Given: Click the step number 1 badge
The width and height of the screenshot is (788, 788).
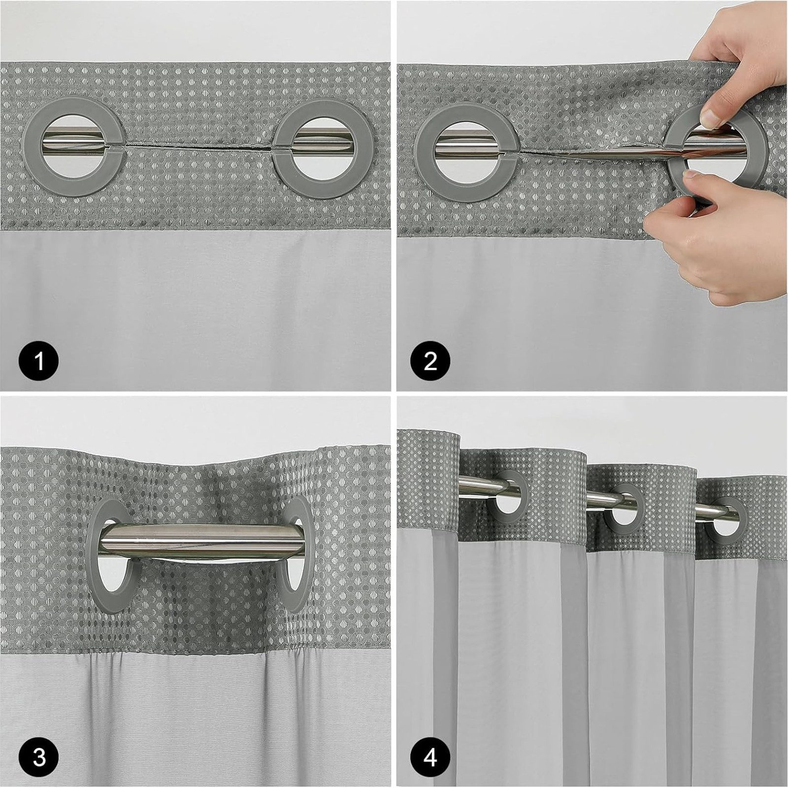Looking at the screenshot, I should (x=39, y=361).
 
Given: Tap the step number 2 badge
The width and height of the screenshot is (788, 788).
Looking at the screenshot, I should (x=430, y=361).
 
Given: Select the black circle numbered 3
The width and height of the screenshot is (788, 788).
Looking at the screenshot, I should (x=39, y=756).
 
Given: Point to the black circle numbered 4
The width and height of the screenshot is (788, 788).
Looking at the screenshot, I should (x=430, y=756).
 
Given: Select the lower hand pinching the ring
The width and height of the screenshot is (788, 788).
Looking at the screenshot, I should (x=714, y=246).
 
